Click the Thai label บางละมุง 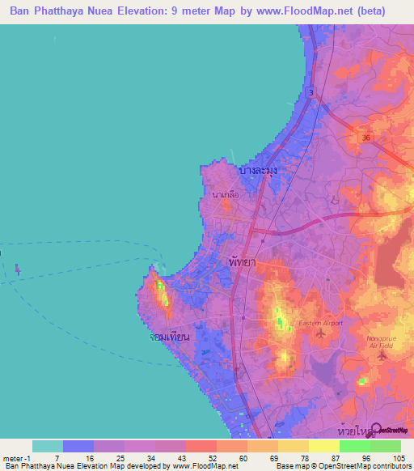[x=259, y=172]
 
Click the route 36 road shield [x=366, y=138]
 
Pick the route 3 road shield [x=312, y=93]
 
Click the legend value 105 [x=396, y=458]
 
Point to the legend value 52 [x=201, y=458]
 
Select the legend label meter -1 [x=15, y=458]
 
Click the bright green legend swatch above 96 [x=354, y=446]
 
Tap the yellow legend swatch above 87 [x=323, y=446]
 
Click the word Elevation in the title [x=152, y=11]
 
